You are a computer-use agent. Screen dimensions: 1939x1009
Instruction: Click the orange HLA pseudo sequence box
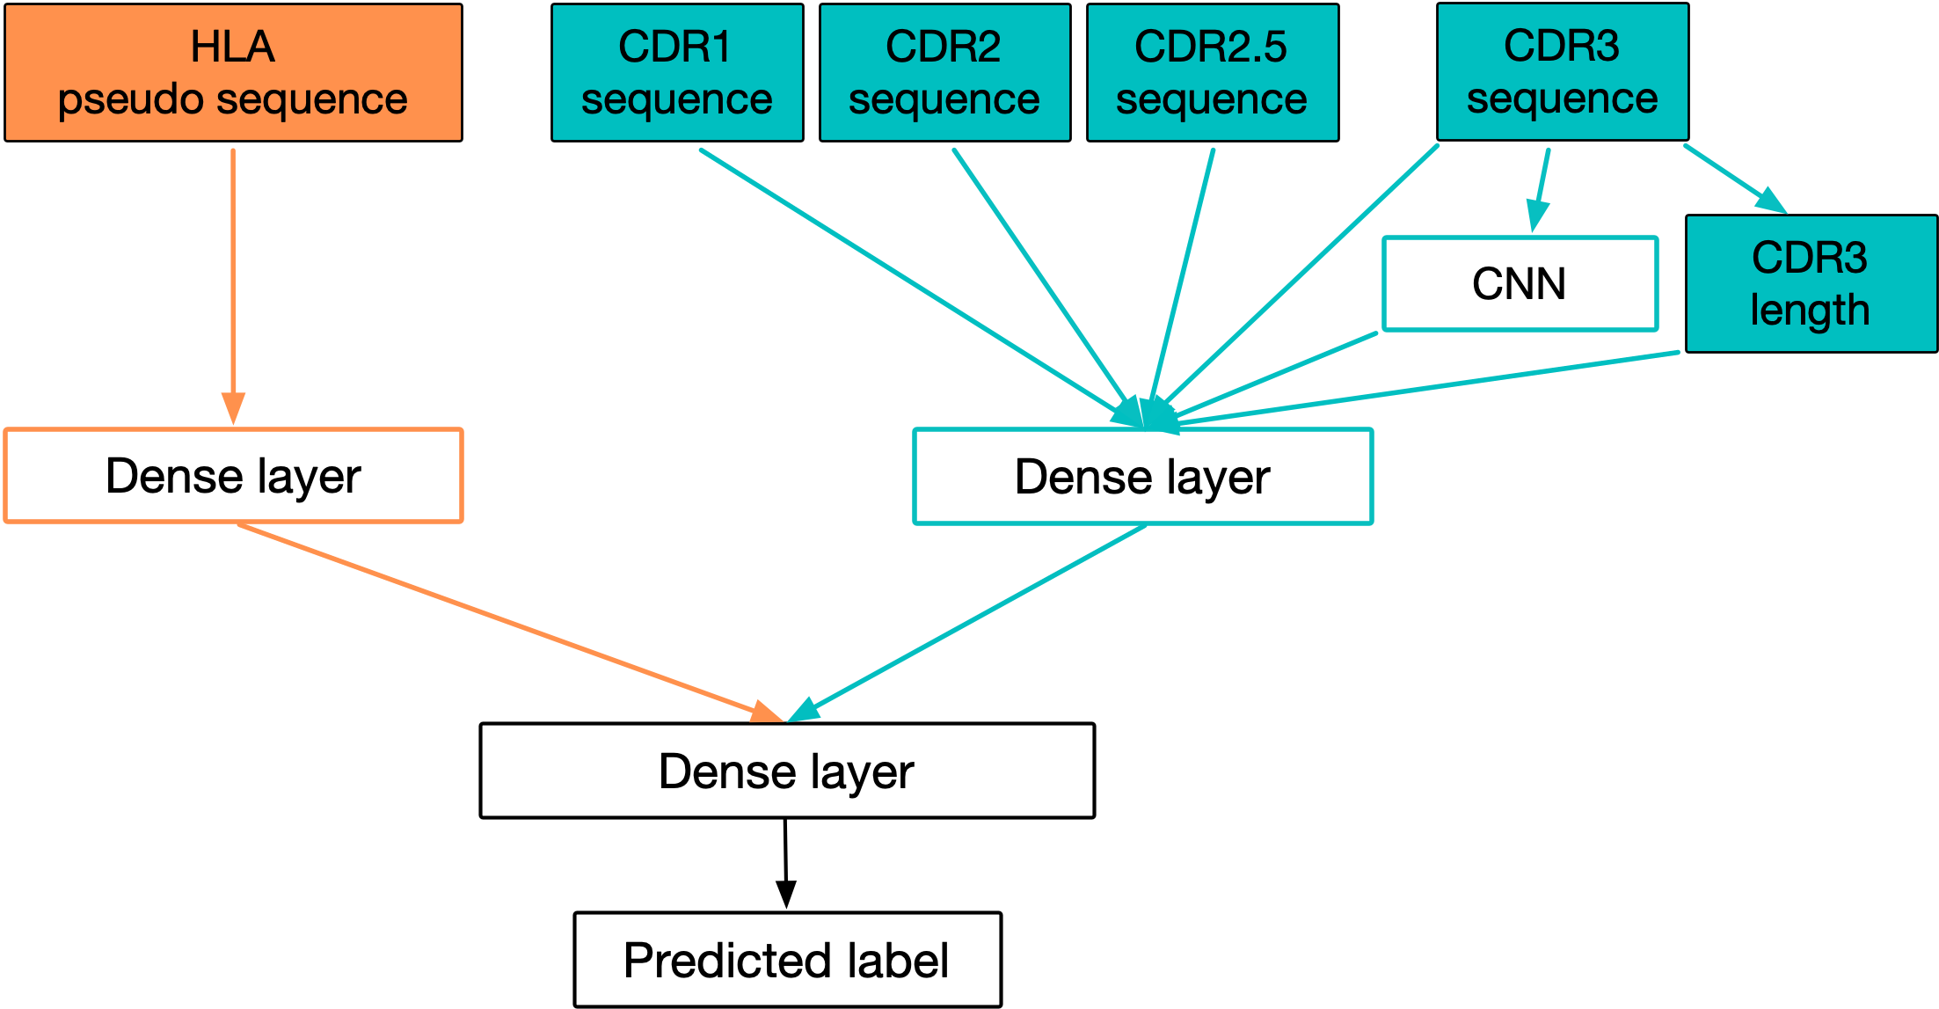233,73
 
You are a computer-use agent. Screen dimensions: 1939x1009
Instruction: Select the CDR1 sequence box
677,73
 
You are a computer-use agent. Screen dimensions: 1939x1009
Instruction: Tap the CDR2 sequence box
944,73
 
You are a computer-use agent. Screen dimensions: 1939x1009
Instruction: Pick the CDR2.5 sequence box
1213,73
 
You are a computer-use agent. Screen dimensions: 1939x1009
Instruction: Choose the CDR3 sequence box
1563,72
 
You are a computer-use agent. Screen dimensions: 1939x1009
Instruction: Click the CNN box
1520,283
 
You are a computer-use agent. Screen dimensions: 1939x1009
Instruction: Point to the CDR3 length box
1811,283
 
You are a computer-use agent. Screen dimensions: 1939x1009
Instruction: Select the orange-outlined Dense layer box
233,476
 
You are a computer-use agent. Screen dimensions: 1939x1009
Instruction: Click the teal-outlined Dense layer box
1142,477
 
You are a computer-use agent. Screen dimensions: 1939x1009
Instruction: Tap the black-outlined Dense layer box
787,771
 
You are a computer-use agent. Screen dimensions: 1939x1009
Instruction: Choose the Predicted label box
787,960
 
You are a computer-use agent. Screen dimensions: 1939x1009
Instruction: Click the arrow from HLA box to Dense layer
233,287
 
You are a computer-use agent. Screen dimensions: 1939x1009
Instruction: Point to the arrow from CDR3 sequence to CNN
1540,190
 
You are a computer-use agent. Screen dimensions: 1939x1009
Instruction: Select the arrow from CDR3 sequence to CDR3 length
1735,179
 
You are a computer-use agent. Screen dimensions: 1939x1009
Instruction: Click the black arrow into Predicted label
786,864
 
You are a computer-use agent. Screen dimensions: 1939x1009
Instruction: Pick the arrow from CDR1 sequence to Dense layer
922,289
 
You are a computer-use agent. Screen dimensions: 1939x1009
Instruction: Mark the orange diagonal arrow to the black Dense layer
510,623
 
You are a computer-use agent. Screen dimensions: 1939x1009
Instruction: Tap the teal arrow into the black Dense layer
967,624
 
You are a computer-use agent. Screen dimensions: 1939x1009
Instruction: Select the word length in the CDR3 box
1810,310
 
